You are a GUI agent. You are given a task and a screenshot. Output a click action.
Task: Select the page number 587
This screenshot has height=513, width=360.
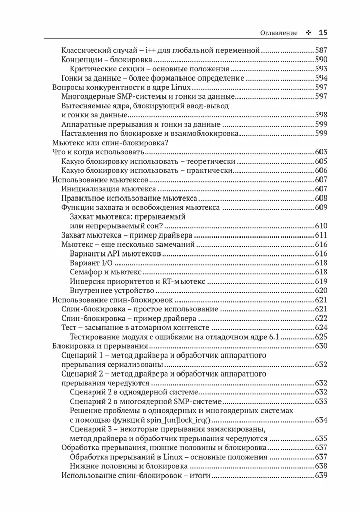click(321, 51)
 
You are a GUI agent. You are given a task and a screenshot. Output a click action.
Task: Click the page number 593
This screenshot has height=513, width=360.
click(321, 69)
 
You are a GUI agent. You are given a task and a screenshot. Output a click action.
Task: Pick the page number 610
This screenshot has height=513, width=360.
click(321, 226)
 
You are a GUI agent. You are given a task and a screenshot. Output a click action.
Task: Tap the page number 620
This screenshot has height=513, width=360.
click(321, 291)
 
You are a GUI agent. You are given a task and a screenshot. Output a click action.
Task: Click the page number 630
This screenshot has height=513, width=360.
click(321, 346)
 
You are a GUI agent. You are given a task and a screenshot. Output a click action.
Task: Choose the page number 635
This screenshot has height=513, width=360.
click(321, 439)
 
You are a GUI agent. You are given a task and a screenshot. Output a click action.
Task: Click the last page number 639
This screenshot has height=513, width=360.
click(321, 476)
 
